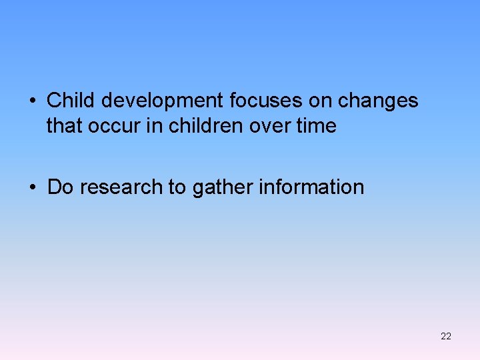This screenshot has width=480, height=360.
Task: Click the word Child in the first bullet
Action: point(70,101)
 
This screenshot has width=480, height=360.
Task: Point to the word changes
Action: point(378,101)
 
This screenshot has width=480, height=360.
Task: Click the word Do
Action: point(60,187)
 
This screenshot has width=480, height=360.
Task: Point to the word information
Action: point(312,187)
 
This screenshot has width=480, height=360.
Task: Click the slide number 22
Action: point(446,336)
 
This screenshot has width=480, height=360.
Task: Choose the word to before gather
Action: point(177,187)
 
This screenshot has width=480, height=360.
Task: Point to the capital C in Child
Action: point(53,101)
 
